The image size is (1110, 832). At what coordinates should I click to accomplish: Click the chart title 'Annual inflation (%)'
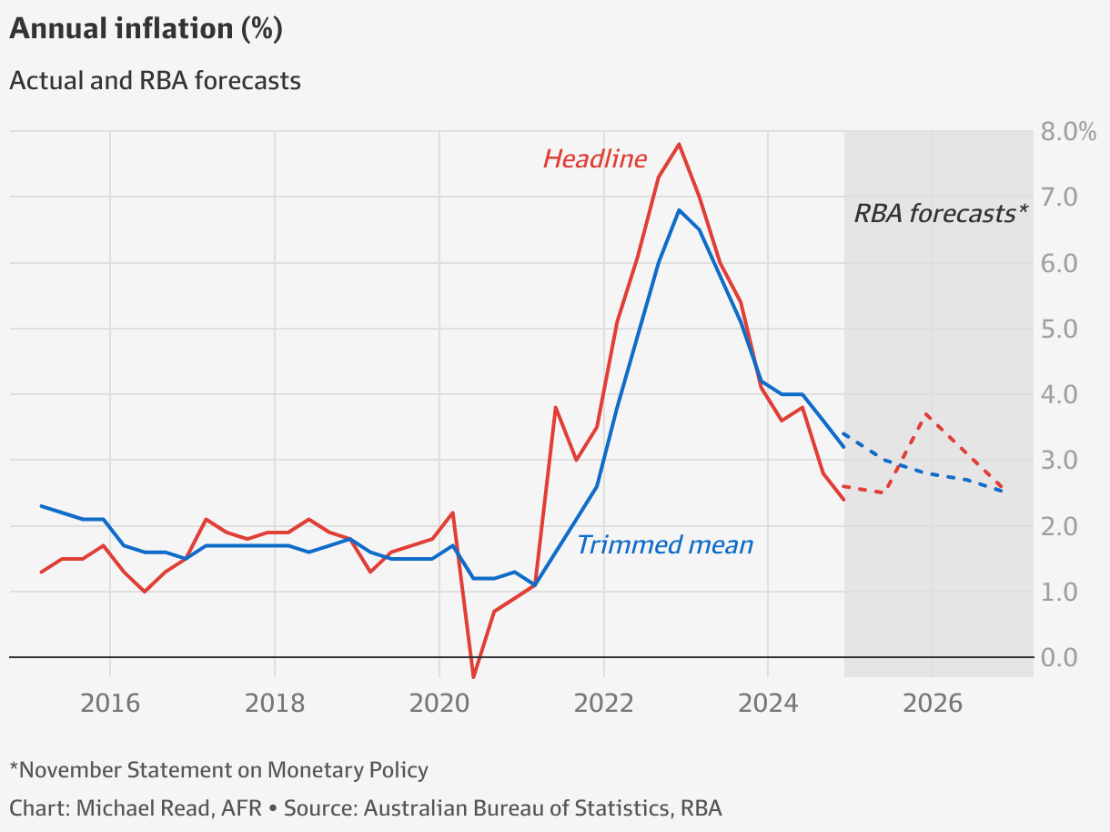click(146, 29)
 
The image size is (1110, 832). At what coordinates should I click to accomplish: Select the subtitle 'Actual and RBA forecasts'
click(155, 80)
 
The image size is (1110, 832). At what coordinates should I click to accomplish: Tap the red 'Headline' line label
click(594, 159)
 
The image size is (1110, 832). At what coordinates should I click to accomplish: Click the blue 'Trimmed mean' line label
click(665, 544)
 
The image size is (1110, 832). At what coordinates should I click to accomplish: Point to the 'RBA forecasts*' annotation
click(940, 213)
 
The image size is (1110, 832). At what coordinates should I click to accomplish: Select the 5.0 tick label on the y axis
click(1059, 329)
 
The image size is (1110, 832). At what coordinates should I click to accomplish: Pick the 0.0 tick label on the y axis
click(1059, 657)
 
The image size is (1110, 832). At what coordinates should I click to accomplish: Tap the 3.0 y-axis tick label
click(1059, 461)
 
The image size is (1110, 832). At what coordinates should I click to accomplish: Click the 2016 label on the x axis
click(110, 703)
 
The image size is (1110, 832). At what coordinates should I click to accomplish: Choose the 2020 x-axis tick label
click(439, 703)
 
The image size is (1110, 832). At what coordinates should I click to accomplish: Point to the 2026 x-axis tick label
click(933, 703)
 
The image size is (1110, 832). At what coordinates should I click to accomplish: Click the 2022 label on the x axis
click(604, 703)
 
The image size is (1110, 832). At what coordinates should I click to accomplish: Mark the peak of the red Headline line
click(679, 144)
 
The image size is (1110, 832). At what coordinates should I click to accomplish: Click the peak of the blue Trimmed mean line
click(679, 209)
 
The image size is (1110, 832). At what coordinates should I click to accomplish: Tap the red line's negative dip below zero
click(473, 676)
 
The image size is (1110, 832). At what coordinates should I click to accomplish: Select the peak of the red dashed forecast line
click(925, 414)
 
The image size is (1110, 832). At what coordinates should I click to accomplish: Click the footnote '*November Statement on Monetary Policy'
click(218, 770)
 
